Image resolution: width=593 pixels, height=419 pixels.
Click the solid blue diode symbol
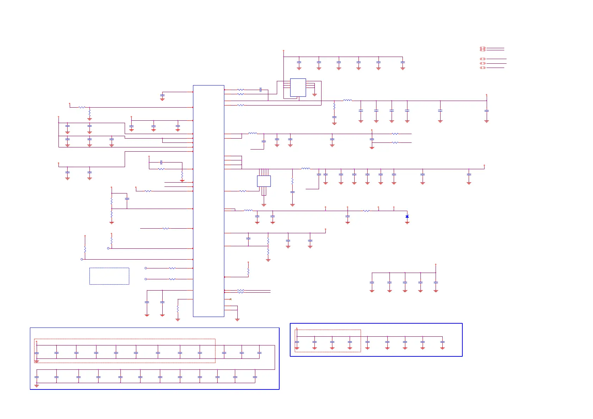click(407, 216)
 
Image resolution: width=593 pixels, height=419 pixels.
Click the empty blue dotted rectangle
click(109, 276)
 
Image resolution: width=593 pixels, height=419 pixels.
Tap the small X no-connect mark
click(231, 299)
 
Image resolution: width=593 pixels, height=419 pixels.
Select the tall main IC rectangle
click(208, 201)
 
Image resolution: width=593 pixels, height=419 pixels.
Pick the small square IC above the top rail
click(298, 87)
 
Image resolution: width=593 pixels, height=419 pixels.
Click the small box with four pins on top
click(264, 181)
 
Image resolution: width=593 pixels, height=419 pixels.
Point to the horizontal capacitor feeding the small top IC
click(260, 90)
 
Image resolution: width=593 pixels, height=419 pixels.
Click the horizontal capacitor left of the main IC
click(161, 162)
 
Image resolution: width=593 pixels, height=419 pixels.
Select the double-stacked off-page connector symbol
click(483, 49)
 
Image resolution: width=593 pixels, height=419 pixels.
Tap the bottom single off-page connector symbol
click(483, 68)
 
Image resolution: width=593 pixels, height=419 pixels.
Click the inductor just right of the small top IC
click(347, 101)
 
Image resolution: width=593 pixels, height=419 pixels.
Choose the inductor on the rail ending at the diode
click(248, 210)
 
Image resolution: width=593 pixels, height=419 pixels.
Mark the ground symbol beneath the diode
click(407, 223)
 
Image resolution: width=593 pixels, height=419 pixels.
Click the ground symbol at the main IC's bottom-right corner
click(237, 319)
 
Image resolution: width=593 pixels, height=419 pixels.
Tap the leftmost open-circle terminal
click(82, 259)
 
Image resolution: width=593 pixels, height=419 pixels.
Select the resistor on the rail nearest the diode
click(367, 211)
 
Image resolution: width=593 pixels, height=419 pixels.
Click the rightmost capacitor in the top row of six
click(402, 63)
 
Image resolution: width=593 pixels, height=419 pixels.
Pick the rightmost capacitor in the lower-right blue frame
click(442, 342)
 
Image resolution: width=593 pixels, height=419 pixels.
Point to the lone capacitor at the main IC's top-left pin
click(162, 95)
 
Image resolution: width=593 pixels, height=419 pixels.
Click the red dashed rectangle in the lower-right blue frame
click(328, 341)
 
